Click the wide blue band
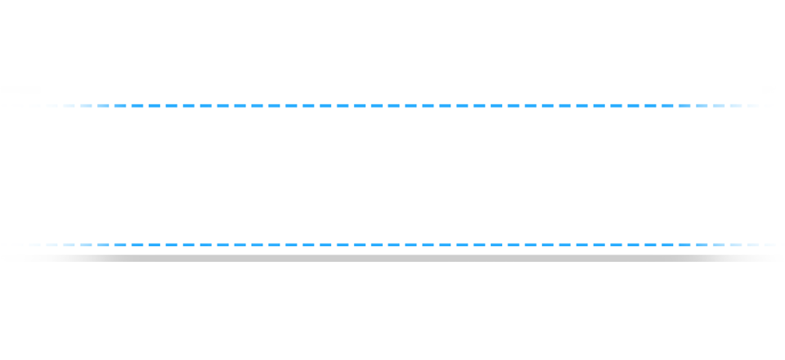(392, 174)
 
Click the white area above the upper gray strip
(392, 41)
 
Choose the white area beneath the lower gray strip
(392, 311)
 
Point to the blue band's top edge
(392, 104)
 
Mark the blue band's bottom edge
(392, 245)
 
